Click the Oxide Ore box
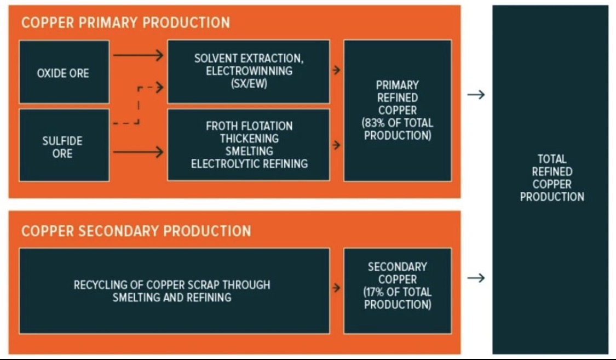point(64,72)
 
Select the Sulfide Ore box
point(64,146)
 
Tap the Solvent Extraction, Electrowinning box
point(249,71)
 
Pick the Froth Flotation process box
point(249,145)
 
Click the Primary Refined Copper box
point(398,110)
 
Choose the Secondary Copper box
point(398,285)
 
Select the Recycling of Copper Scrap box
point(174,291)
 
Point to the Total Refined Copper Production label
point(552,178)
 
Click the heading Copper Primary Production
point(125,23)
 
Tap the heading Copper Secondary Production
point(136,231)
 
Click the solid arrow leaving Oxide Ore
point(138,55)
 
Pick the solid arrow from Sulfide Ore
point(138,152)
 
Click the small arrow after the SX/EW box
point(336,70)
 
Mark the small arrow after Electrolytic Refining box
point(336,145)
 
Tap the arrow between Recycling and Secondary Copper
point(336,288)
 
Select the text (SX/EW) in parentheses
point(249,83)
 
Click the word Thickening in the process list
point(249,139)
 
